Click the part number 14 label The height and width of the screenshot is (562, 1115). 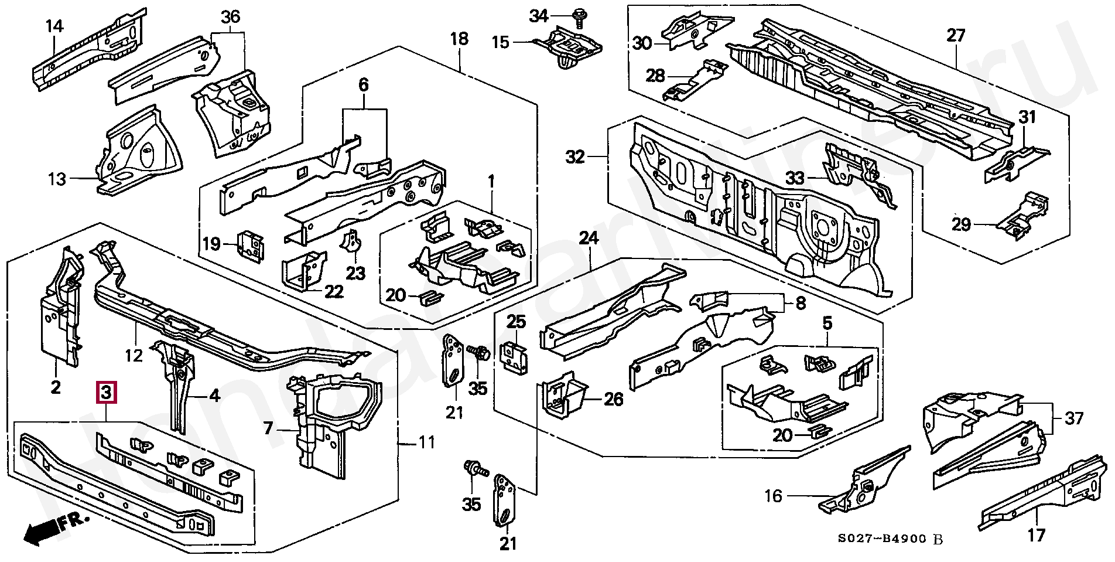coord(55,26)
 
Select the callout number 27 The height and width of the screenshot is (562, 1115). coord(955,36)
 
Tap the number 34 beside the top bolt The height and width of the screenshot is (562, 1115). coord(539,16)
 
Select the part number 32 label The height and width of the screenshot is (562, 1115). coord(576,157)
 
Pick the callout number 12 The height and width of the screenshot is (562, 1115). coord(134,355)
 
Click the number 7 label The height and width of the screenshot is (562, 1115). coord(268,428)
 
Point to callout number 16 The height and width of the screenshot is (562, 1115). coord(774,496)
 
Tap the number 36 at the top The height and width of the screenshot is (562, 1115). coord(231,17)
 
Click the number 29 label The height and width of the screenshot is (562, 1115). coord(962,224)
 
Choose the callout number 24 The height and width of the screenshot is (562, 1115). coord(589,239)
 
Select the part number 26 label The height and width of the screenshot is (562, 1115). coord(613,400)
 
